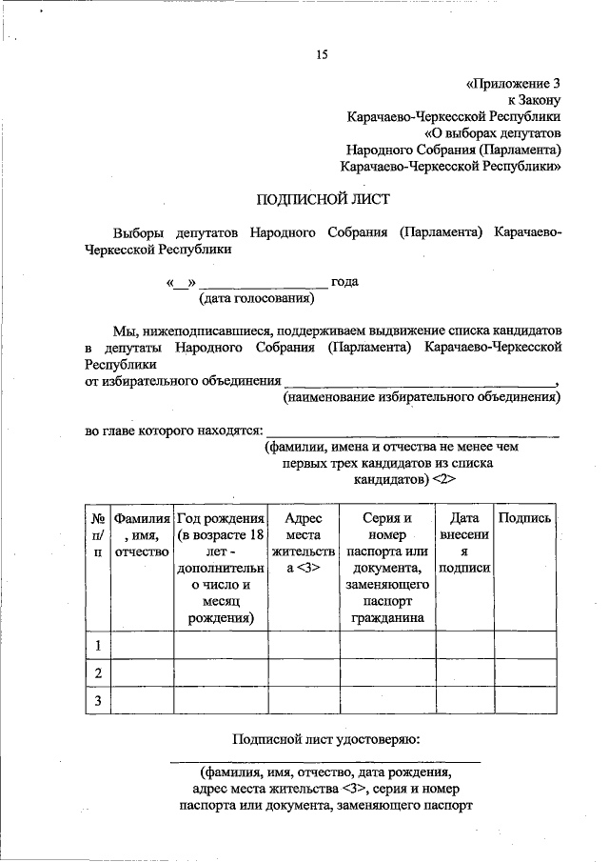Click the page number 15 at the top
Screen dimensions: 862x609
point(322,55)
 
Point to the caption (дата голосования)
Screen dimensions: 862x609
point(256,299)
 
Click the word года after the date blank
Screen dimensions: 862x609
point(344,282)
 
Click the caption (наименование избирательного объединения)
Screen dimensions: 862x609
point(422,397)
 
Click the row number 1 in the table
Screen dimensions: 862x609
point(97,647)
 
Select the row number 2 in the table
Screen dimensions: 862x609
point(97,673)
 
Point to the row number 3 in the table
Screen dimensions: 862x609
point(97,701)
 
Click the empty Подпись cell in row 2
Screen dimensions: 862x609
point(524,673)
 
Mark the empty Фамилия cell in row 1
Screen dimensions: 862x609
point(141,647)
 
